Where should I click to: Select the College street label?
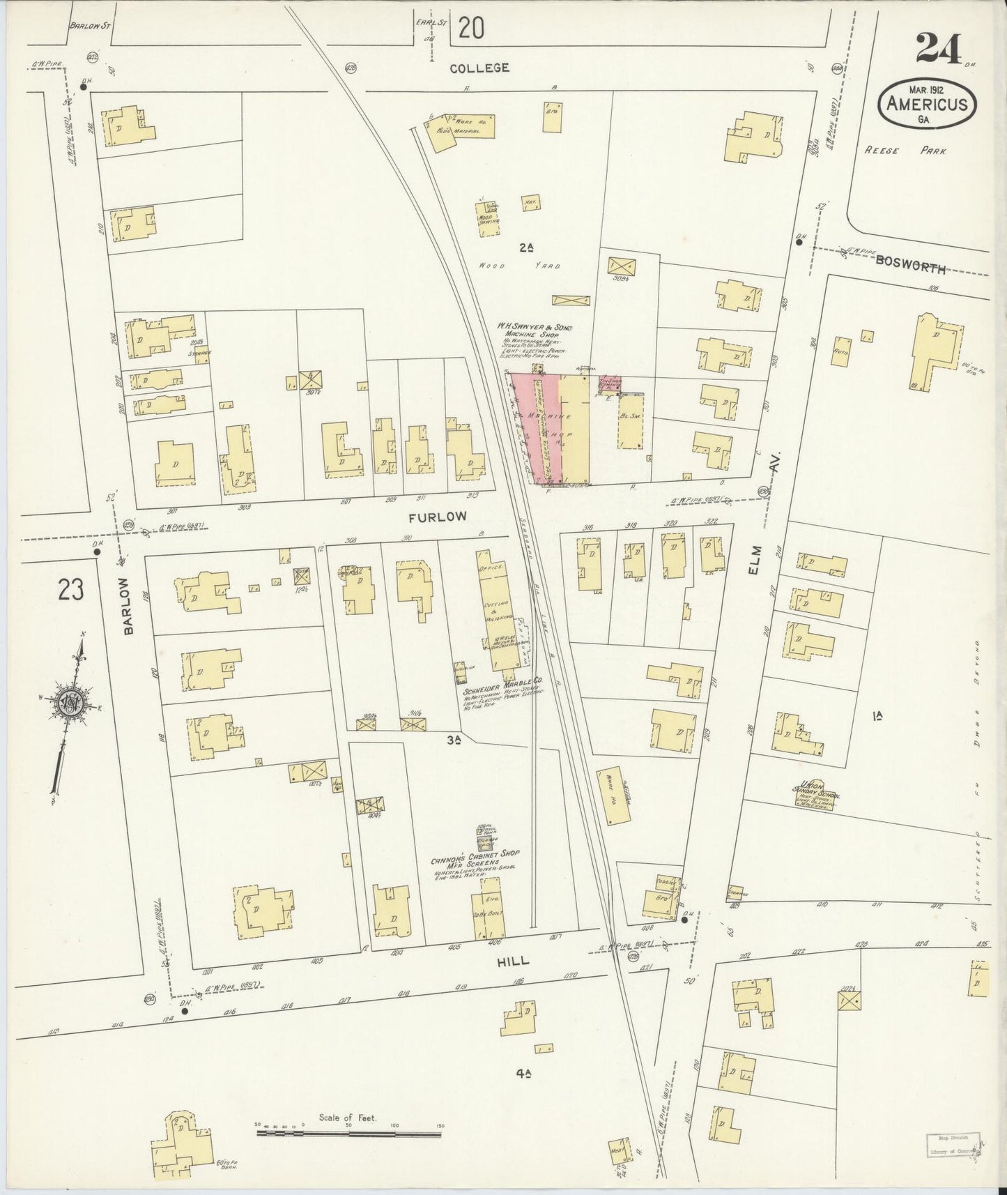click(479, 68)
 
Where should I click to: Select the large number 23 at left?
click(71, 590)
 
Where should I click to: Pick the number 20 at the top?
click(471, 29)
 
